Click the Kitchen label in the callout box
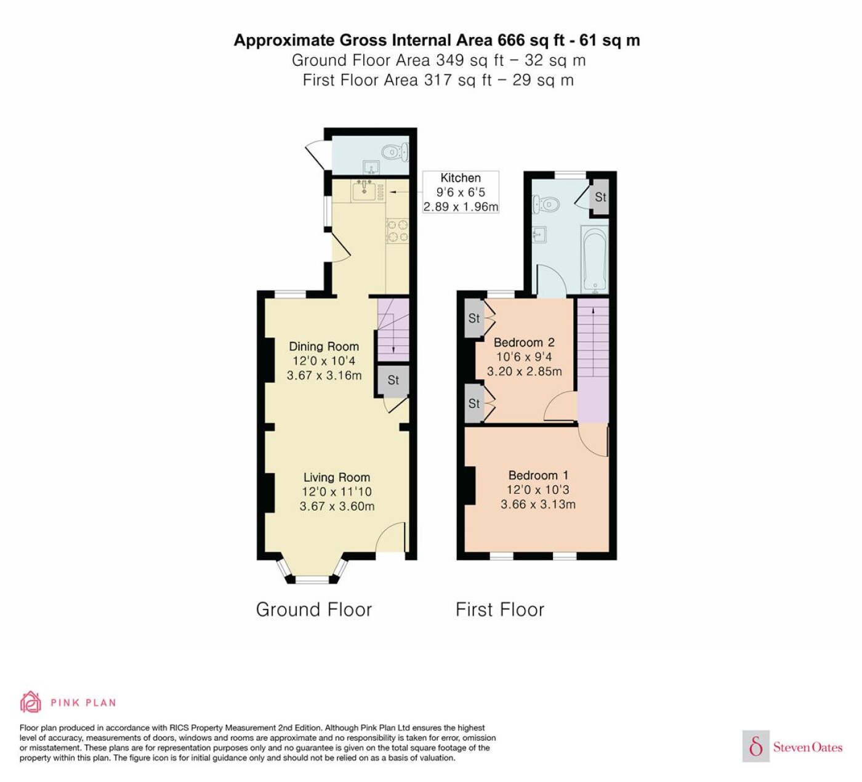point(460,177)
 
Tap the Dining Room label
point(324,347)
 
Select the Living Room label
point(336,477)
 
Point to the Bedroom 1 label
point(538,475)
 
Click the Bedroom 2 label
point(524,342)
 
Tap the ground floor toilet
point(395,152)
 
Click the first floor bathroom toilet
point(546,203)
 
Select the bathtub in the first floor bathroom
point(595,260)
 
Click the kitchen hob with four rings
point(397,231)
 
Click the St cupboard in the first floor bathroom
point(600,197)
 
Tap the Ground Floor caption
point(313,610)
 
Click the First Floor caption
point(500,610)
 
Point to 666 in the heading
point(511,40)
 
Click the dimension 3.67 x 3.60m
point(337,506)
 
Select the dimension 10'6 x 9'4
point(524,357)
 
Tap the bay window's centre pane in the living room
point(312,581)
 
